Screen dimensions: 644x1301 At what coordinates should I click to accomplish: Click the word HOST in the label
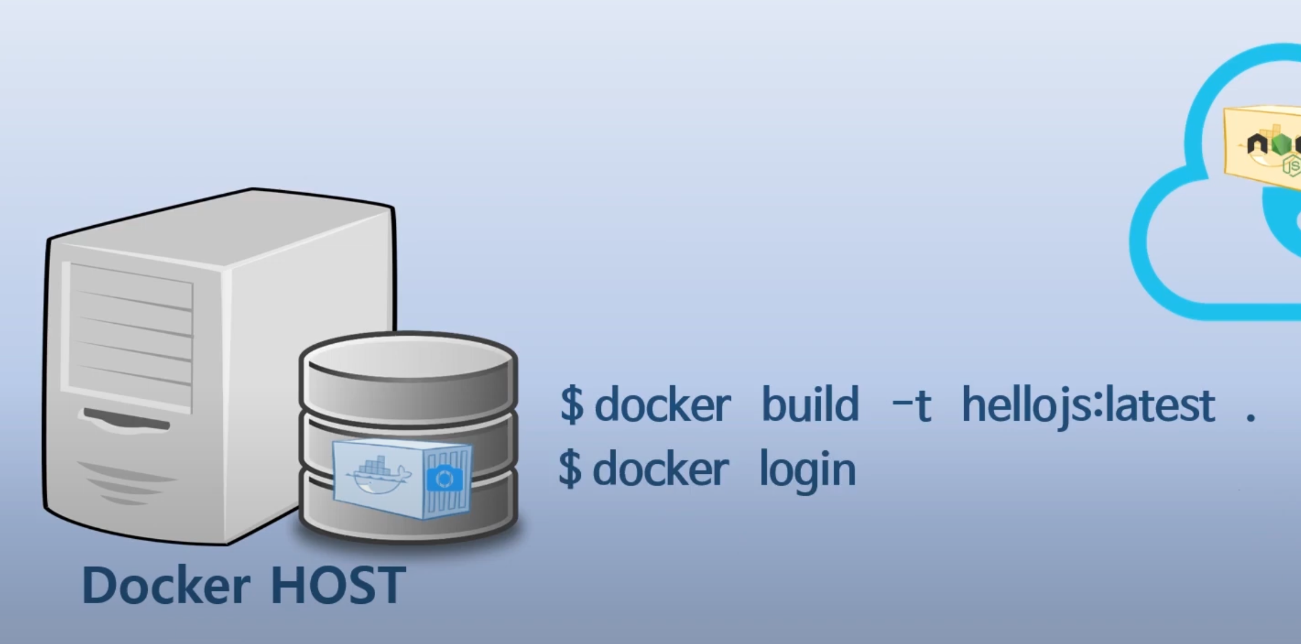(x=338, y=585)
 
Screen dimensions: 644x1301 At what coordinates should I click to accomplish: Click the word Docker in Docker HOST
(x=165, y=585)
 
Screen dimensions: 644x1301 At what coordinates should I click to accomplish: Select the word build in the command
(x=809, y=405)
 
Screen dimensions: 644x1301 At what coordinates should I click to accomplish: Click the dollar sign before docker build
(x=571, y=405)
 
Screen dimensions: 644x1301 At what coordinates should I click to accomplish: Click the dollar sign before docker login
(x=570, y=469)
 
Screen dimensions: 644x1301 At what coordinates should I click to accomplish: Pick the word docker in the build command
(x=662, y=405)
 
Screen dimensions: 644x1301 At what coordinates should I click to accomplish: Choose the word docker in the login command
(x=661, y=469)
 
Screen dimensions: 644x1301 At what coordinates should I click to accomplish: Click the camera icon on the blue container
(x=444, y=479)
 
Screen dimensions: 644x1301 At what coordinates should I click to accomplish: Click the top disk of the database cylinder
(x=408, y=355)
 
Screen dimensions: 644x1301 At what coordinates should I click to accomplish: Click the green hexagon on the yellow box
(x=1280, y=144)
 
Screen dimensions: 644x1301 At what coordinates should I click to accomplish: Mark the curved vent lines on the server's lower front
(x=127, y=482)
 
